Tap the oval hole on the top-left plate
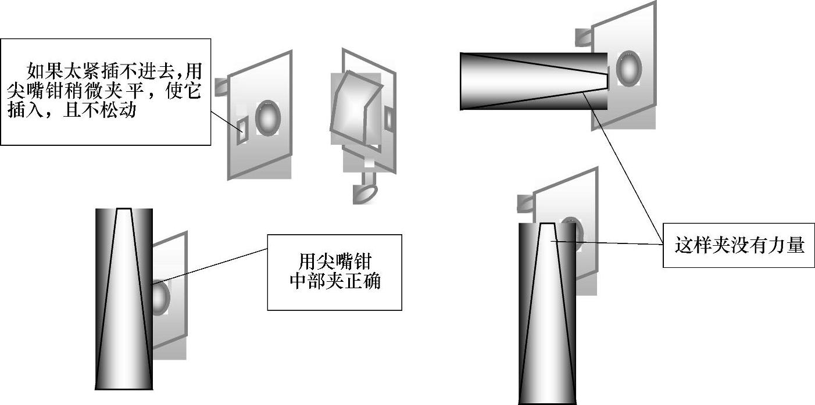tap(268, 118)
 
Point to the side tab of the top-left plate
tap(221, 87)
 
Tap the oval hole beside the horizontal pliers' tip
tap(628, 69)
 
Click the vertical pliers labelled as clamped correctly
tap(124, 299)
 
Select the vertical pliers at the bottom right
tap(547, 314)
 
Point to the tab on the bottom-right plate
tap(524, 203)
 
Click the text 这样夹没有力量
tap(739, 245)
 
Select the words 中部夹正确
tap(334, 282)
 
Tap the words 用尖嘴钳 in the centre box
tap(334, 259)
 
